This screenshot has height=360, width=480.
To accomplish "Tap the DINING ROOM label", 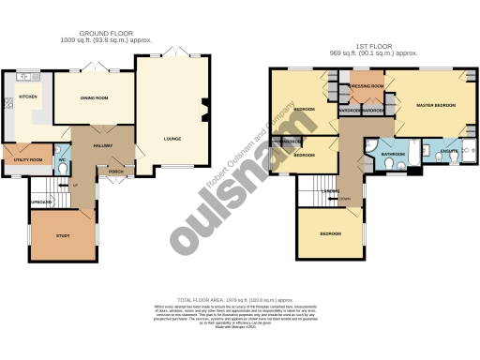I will (x=94, y=97).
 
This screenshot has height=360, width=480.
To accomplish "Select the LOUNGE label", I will (x=172, y=140).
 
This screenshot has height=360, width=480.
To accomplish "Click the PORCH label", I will (x=116, y=172).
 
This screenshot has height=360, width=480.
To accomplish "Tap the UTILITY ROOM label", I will (x=27, y=160).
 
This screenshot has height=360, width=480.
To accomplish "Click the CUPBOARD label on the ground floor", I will (x=40, y=202).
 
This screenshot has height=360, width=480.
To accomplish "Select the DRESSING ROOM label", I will (x=367, y=86).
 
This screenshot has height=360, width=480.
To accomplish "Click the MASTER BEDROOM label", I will (x=436, y=104).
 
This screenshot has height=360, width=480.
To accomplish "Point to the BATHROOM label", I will (x=392, y=154).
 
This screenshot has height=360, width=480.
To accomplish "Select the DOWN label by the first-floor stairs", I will (x=345, y=199).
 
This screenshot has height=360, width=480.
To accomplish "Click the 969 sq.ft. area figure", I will (x=342, y=54).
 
